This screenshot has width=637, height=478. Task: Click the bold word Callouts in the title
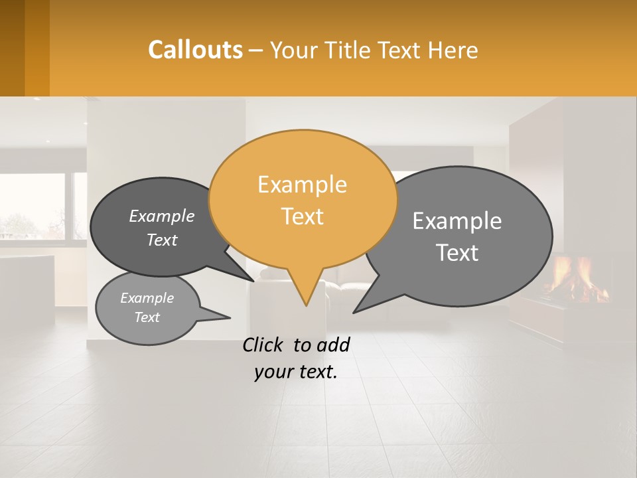pyautogui.click(x=195, y=50)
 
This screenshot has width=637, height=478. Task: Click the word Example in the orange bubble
pyautogui.click(x=302, y=185)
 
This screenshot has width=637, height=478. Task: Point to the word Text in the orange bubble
pyautogui.click(x=302, y=216)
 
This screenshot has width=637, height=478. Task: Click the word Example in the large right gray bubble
pyautogui.click(x=457, y=221)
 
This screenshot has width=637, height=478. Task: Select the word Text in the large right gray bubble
pyautogui.click(x=457, y=253)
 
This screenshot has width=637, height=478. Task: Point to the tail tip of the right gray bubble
pyautogui.click(x=357, y=310)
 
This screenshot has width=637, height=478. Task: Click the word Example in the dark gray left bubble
pyautogui.click(x=162, y=216)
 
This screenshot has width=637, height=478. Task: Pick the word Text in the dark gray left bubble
pyautogui.click(x=162, y=240)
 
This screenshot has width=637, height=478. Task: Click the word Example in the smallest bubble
pyautogui.click(x=147, y=298)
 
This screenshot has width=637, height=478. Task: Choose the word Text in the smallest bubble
pyautogui.click(x=147, y=317)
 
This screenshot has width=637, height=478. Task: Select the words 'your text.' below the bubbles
pyautogui.click(x=296, y=372)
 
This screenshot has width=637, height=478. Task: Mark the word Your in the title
pyautogui.click(x=295, y=50)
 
